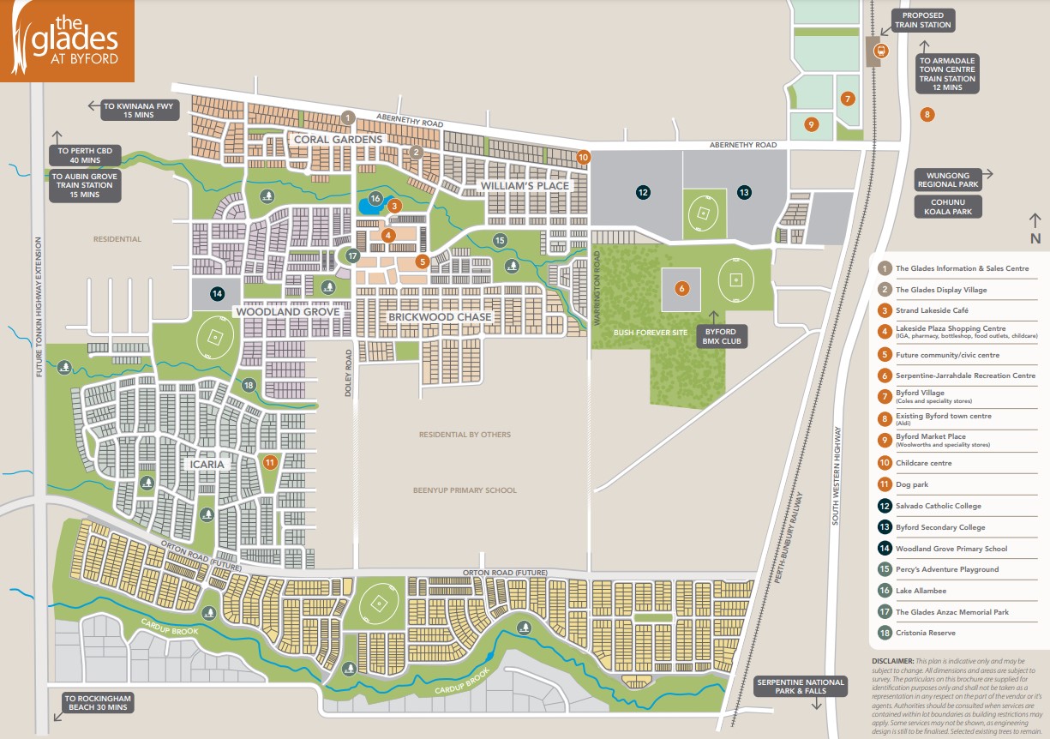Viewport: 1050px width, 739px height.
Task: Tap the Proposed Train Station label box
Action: point(923,20)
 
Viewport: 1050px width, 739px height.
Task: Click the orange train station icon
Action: point(879,51)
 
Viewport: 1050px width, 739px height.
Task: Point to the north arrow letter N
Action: point(1035,238)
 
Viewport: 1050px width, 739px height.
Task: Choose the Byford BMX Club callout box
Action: point(723,335)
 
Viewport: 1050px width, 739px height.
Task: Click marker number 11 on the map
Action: point(270,462)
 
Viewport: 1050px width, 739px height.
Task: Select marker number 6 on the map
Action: point(682,289)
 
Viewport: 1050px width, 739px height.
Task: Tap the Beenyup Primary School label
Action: point(465,490)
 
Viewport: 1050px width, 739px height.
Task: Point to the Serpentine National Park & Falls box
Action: point(789,686)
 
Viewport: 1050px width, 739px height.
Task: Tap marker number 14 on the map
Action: point(218,293)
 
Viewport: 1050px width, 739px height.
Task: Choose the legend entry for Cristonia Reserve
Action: point(925,633)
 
